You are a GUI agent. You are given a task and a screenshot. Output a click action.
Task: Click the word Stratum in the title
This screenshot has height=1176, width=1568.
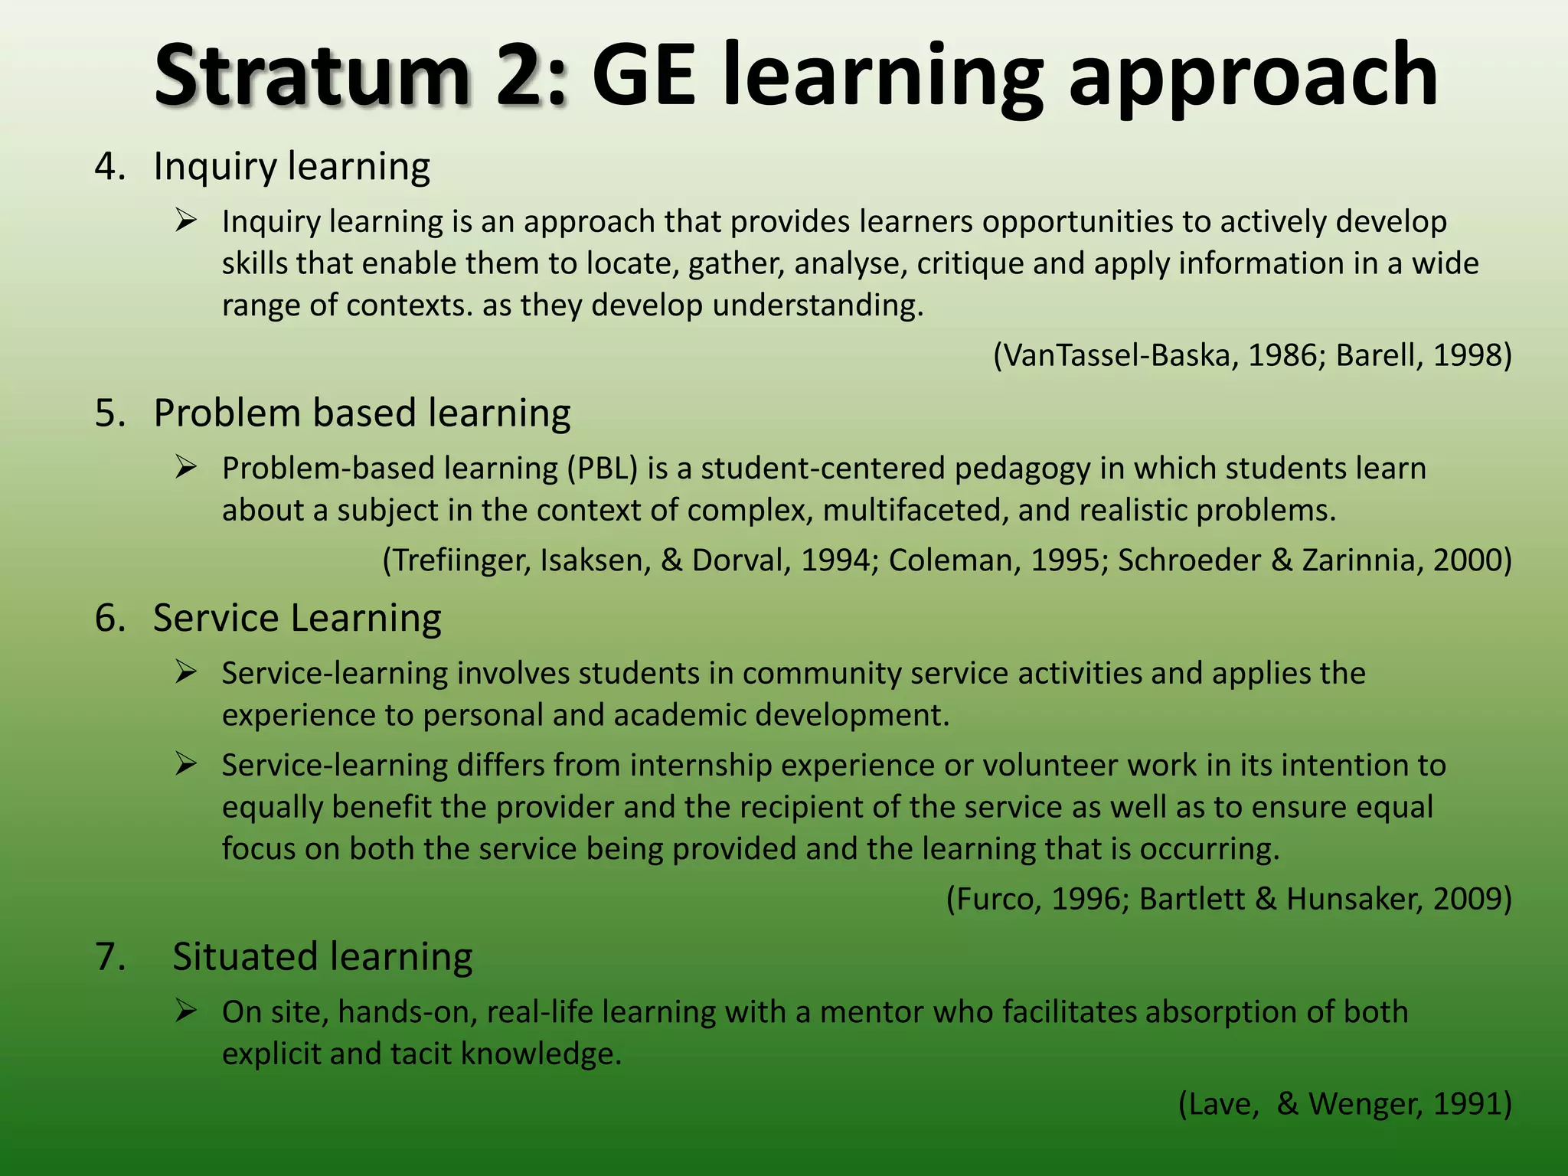311,77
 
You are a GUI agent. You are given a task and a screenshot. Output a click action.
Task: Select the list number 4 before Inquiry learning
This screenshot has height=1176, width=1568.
107,167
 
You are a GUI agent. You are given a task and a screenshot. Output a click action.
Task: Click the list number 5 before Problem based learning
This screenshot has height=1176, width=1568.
107,413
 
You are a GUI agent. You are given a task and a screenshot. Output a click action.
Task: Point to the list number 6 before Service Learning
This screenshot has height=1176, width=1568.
107,619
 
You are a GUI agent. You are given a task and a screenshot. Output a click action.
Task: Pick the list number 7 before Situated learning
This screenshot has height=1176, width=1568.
107,957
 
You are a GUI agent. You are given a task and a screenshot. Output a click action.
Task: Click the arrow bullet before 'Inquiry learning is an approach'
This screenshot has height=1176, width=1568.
186,221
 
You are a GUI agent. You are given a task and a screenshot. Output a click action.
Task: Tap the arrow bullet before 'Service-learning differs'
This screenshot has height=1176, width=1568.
186,765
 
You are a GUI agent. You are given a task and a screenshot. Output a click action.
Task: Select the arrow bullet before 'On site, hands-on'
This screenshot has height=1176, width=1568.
186,1011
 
